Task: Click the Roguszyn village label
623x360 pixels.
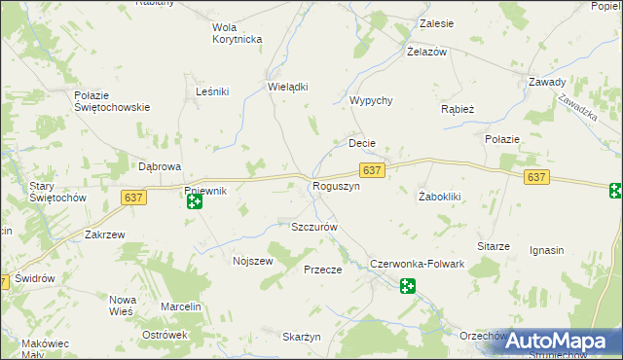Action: pos(336,186)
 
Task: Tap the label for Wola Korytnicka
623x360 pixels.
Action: pos(238,33)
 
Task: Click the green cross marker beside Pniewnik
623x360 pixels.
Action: pos(195,202)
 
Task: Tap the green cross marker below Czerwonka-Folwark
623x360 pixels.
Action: pos(408,285)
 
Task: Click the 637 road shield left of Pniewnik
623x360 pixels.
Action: pos(134,198)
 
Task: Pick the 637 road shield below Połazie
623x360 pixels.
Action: pos(536,178)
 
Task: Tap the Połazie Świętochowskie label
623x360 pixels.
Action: pos(112,101)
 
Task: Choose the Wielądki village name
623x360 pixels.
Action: pos(287,86)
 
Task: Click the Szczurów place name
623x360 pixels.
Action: pos(314,227)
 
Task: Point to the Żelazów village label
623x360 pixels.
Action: pos(426,52)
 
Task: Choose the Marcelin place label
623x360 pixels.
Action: pos(181,307)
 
